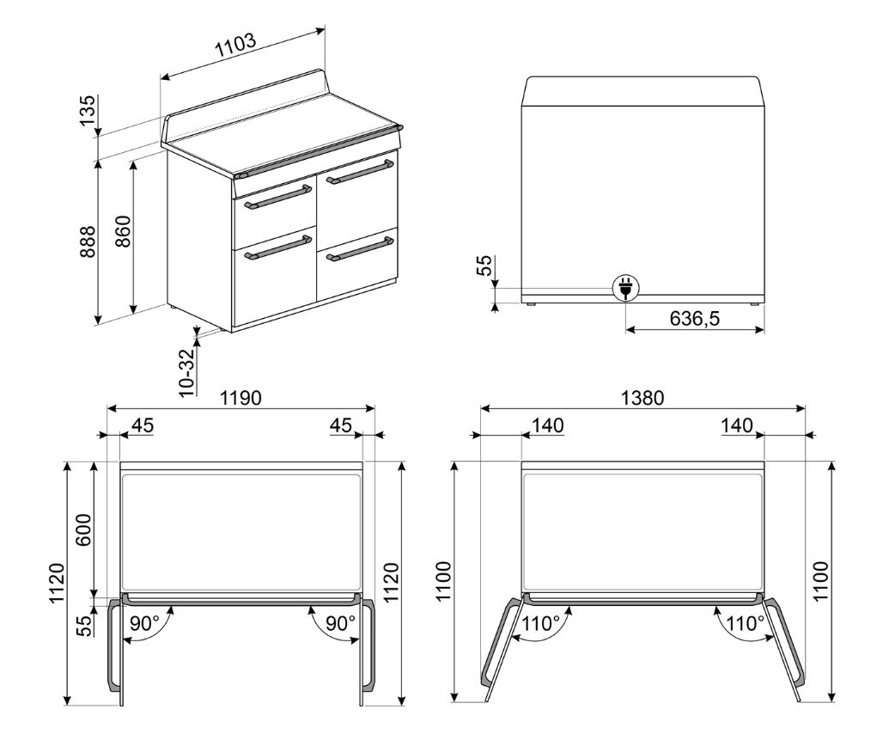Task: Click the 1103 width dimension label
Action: coord(235,46)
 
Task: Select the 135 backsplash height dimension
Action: coord(88,111)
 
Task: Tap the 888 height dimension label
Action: coord(88,242)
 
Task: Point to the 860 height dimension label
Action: coord(123,231)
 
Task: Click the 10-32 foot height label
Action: coord(186,371)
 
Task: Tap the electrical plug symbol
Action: coord(625,288)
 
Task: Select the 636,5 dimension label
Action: coord(695,318)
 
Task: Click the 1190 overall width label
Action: coord(241,398)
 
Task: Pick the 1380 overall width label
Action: coord(642,398)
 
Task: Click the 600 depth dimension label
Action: coord(84,529)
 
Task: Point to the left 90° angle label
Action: coord(144,623)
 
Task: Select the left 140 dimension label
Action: coord(548,425)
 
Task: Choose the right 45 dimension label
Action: coord(341,425)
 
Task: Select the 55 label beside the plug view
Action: coord(484,265)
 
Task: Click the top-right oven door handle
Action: coord(359,172)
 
